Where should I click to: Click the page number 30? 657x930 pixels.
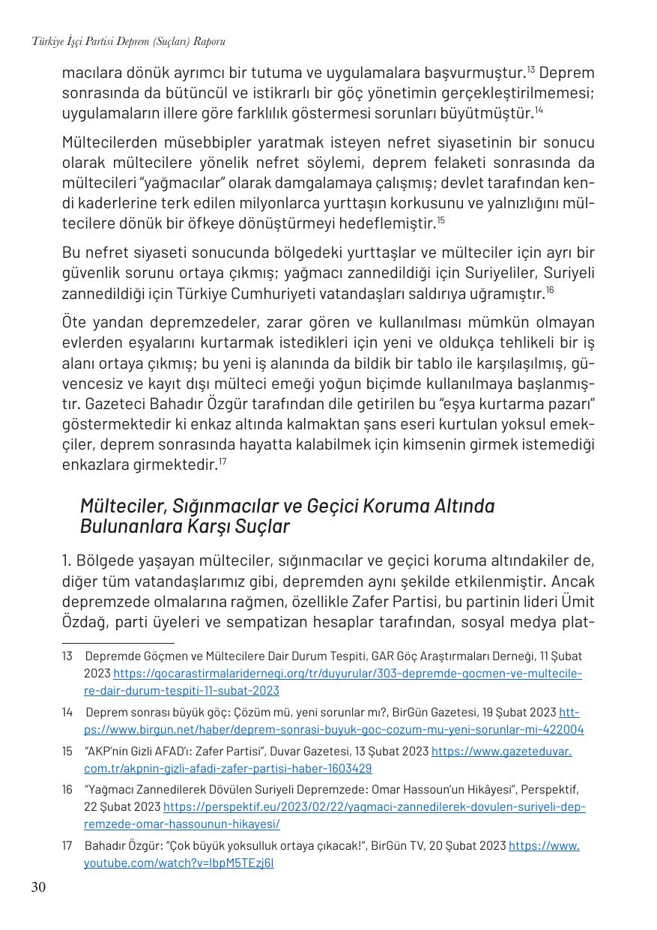pos(38,888)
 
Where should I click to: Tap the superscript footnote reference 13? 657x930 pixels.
pos(530,70)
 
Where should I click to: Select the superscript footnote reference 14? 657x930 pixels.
pos(539,110)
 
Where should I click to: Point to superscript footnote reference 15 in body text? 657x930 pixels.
pos(441,220)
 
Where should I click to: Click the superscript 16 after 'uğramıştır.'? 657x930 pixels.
pos(549,289)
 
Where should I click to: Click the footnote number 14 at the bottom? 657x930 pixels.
pos(67,712)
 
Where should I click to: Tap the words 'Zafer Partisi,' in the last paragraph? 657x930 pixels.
pos(420,602)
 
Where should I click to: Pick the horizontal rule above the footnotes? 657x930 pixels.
pos(118,642)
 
